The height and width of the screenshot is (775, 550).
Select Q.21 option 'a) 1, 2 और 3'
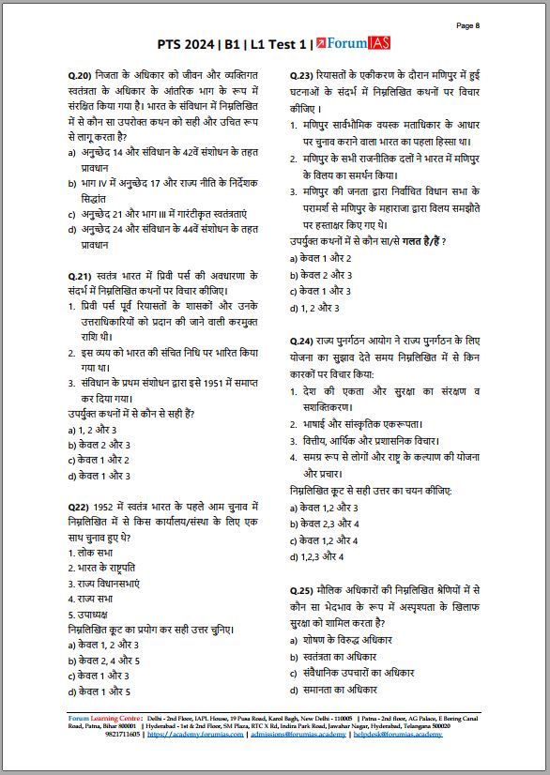[91, 429]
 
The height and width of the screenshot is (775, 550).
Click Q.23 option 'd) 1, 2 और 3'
[315, 307]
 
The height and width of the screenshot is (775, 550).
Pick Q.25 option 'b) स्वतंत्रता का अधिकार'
[342, 656]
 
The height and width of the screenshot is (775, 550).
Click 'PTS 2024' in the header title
[193, 44]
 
